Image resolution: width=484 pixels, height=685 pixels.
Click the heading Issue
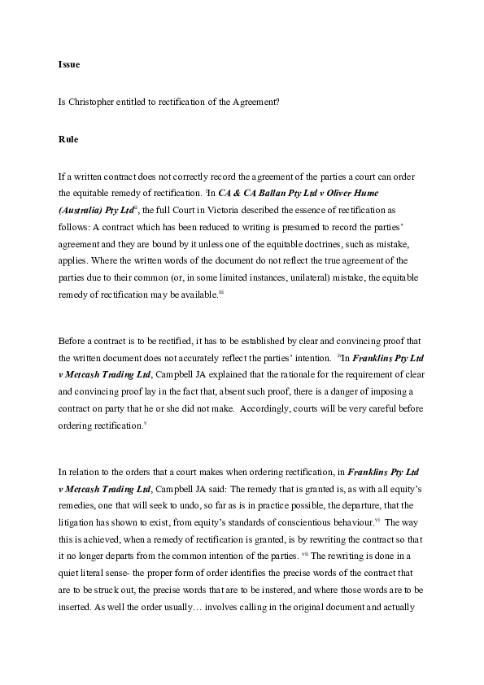pyautogui.click(x=68, y=63)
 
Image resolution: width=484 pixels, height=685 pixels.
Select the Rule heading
pyautogui.click(x=68, y=139)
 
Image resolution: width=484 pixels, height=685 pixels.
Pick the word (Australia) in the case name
pyautogui.click(x=81, y=210)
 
